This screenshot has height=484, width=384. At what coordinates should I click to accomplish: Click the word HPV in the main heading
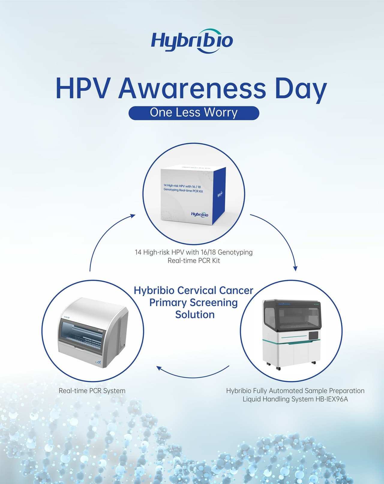click(x=82, y=89)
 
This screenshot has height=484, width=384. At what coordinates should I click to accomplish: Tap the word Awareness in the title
click(x=192, y=89)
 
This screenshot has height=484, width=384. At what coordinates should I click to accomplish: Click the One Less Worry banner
click(x=193, y=113)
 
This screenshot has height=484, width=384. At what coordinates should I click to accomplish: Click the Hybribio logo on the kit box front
click(x=199, y=214)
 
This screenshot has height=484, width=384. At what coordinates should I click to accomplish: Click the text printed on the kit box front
click(x=183, y=188)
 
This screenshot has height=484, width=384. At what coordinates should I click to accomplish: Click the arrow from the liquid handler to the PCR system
click(x=192, y=374)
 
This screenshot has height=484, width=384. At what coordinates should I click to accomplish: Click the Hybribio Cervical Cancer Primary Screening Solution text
click(x=193, y=302)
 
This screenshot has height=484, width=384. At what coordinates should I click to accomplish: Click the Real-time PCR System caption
click(x=92, y=391)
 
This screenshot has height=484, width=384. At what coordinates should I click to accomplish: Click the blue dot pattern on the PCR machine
click(x=99, y=363)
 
